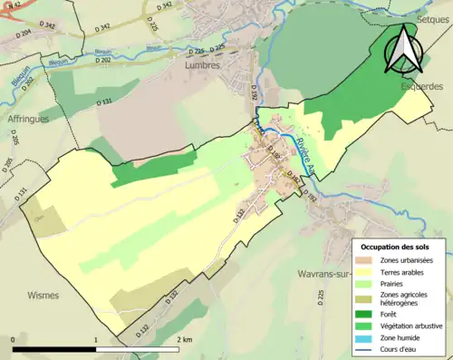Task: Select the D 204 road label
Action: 22,33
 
